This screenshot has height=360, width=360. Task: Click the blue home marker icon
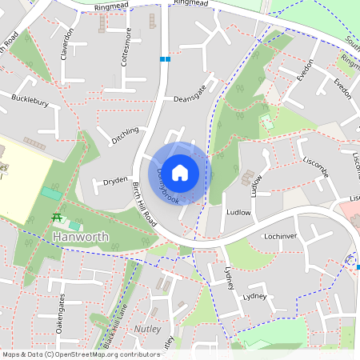click(x=180, y=172)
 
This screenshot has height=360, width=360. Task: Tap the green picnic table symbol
click(x=58, y=218)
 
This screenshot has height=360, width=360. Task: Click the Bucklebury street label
click(x=30, y=102)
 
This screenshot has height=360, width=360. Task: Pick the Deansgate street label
click(x=190, y=93)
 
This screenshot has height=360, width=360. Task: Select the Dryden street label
click(x=115, y=182)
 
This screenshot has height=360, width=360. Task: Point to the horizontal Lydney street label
click(x=254, y=295)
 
